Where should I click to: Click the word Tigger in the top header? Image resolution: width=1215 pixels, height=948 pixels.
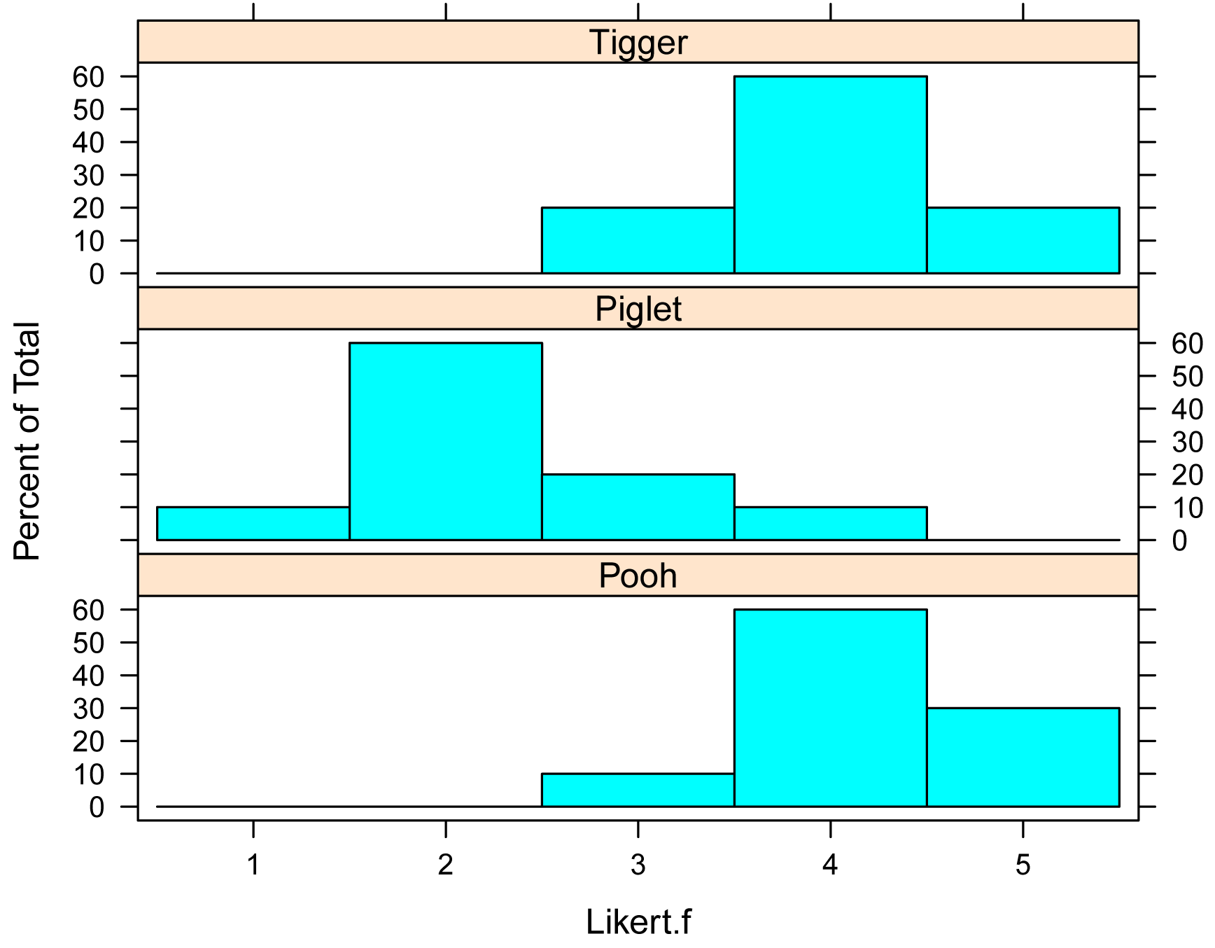click(x=638, y=43)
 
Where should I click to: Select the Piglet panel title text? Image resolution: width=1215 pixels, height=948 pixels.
click(x=638, y=309)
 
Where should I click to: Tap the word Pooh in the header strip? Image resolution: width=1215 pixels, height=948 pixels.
click(x=638, y=576)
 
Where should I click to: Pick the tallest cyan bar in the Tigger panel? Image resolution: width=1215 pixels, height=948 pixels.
click(x=830, y=174)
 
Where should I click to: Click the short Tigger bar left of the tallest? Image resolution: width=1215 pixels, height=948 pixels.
click(x=638, y=240)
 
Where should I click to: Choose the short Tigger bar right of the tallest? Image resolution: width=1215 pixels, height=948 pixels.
click(x=1023, y=240)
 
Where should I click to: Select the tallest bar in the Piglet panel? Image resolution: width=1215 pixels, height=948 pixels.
click(x=446, y=441)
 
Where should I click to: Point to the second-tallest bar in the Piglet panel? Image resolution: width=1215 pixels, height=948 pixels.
click(x=638, y=507)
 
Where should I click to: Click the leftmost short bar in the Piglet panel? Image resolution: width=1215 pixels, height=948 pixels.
click(x=253, y=524)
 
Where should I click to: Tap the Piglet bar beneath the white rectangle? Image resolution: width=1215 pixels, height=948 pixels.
click(x=830, y=523)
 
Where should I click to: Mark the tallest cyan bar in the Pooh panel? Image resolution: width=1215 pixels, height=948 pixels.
click(x=830, y=708)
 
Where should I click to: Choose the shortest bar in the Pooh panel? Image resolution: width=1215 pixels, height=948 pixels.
click(x=638, y=790)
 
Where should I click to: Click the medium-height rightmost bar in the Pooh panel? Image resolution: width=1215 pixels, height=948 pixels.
click(x=1023, y=757)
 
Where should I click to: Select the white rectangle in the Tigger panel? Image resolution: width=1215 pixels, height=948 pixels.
click(x=386, y=167)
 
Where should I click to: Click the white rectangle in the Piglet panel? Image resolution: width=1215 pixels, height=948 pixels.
click(x=901, y=417)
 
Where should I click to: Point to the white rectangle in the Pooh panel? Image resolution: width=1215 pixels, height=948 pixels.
click(x=386, y=701)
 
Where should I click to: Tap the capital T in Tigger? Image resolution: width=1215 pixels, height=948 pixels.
click(x=599, y=42)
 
